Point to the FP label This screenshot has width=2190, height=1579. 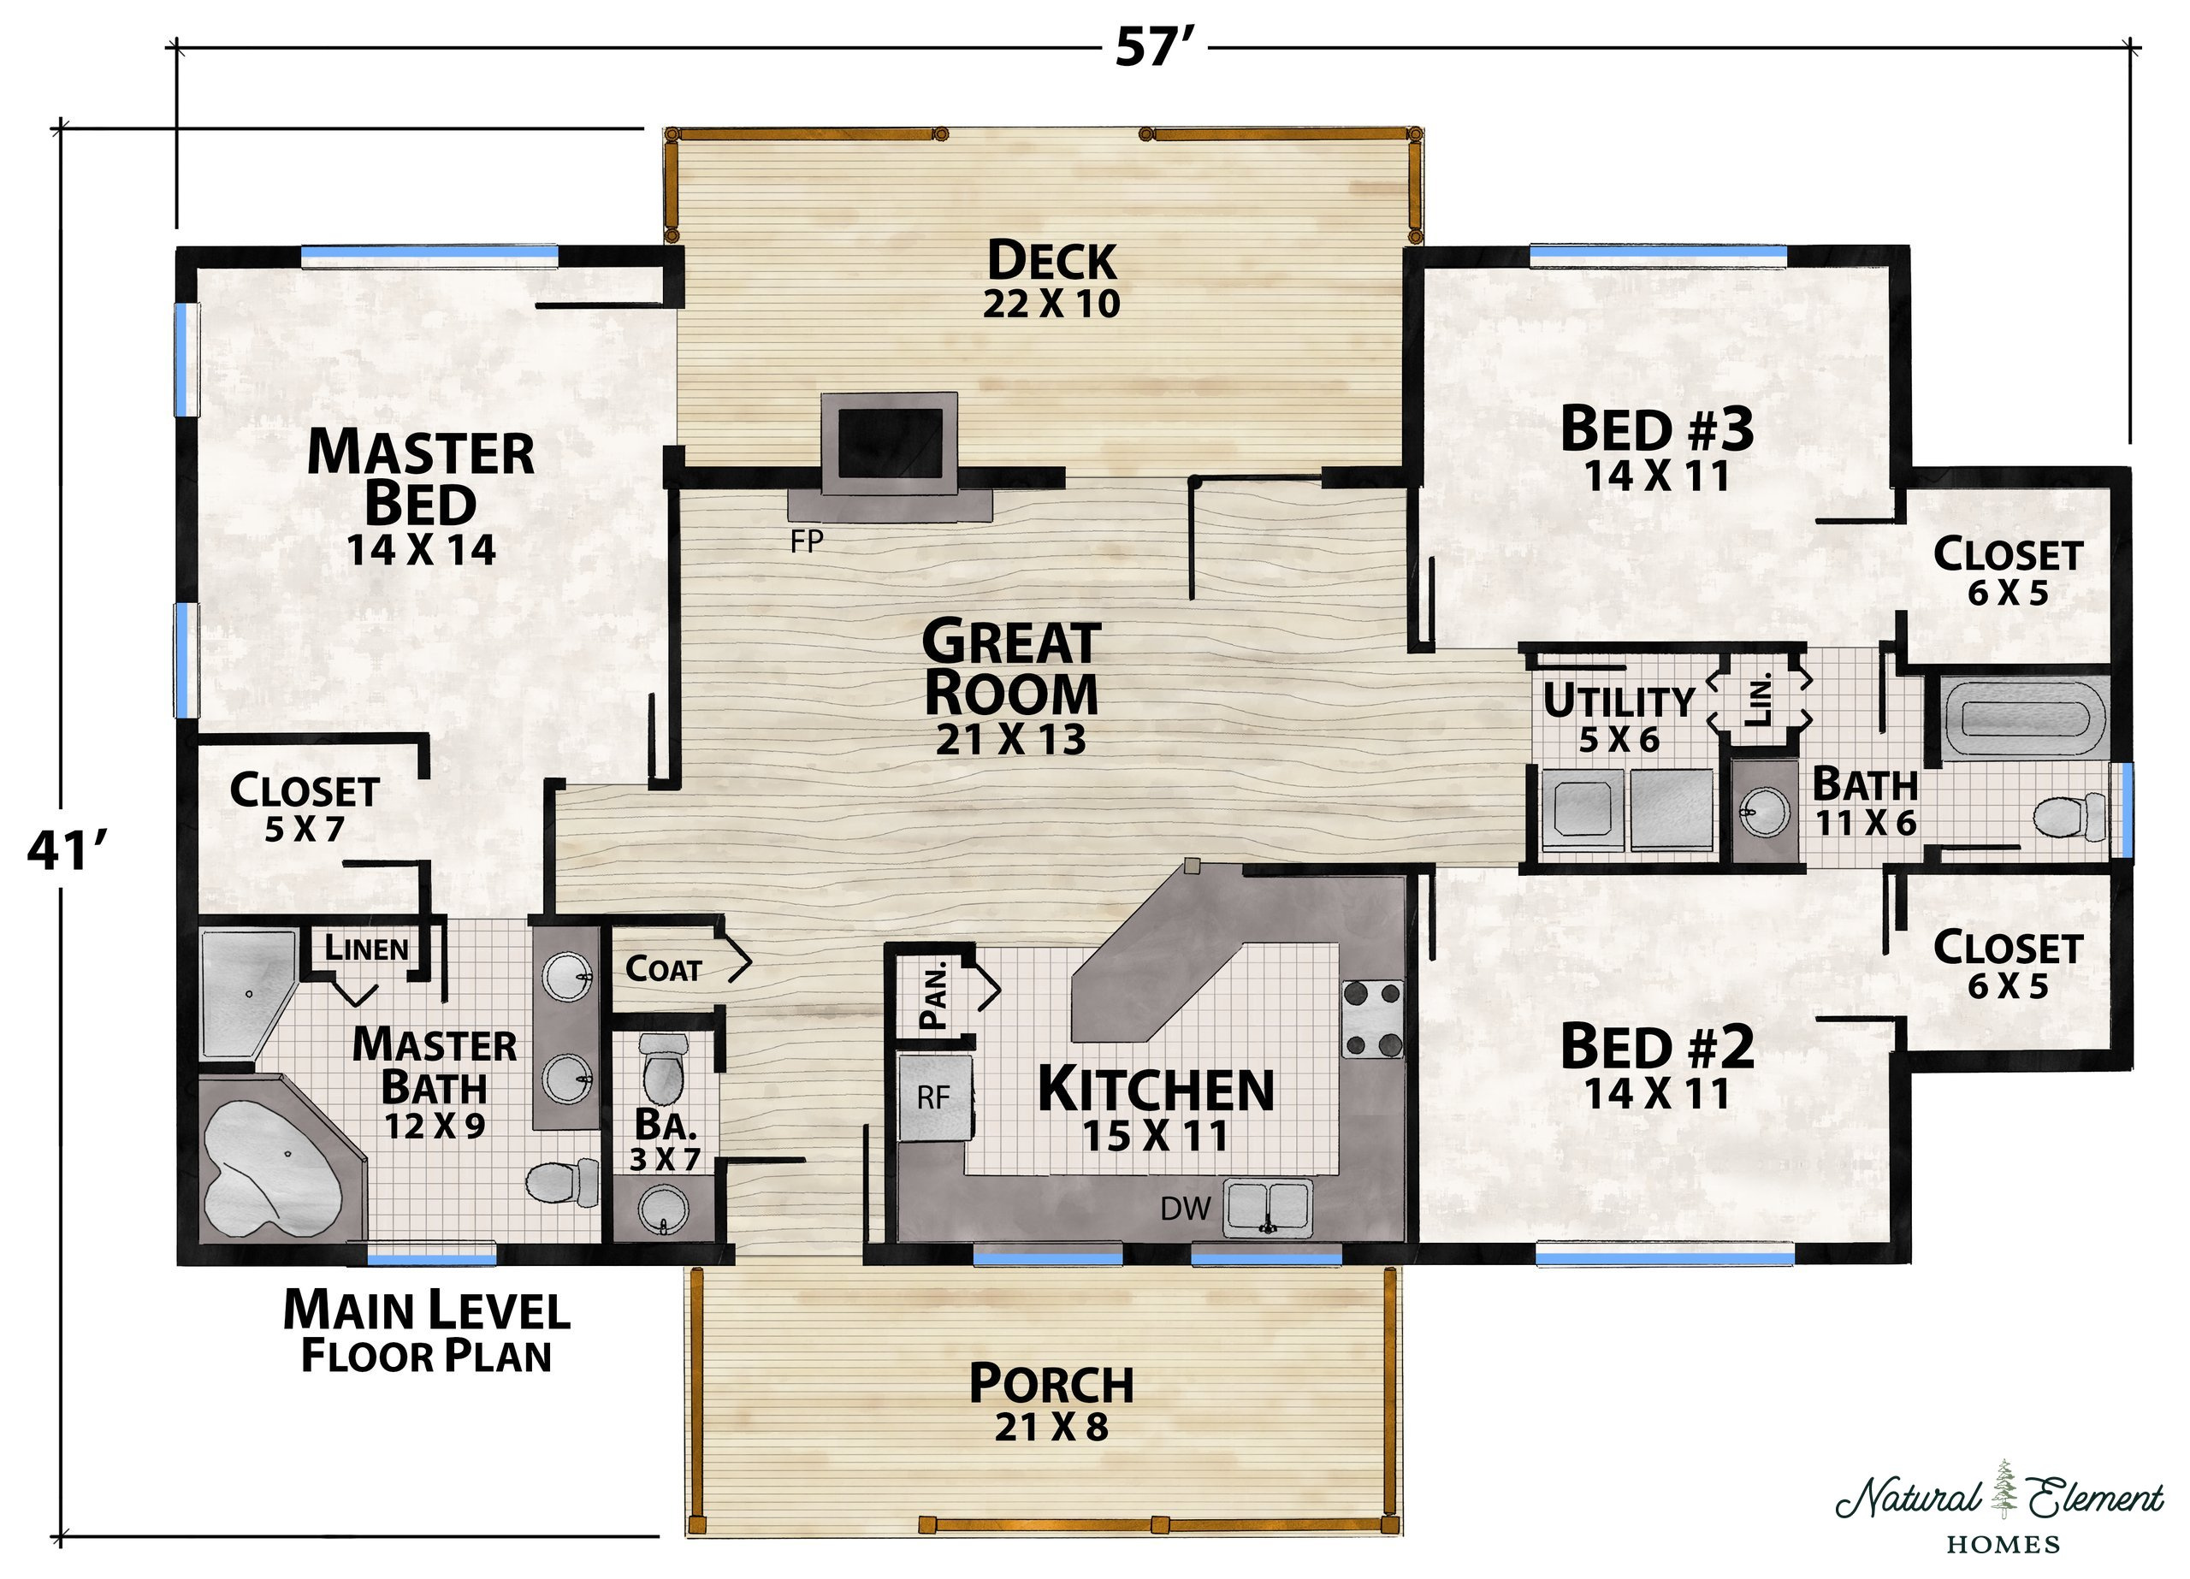[807, 541]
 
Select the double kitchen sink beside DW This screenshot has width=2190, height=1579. [1268, 1207]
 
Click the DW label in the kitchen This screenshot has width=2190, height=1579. [1185, 1207]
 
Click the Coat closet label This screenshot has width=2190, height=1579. [663, 968]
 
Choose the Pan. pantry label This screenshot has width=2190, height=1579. [935, 995]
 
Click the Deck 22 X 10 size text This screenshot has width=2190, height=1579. [1051, 304]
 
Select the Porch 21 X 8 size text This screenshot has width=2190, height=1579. [1051, 1427]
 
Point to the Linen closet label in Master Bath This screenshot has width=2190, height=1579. [366, 949]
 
